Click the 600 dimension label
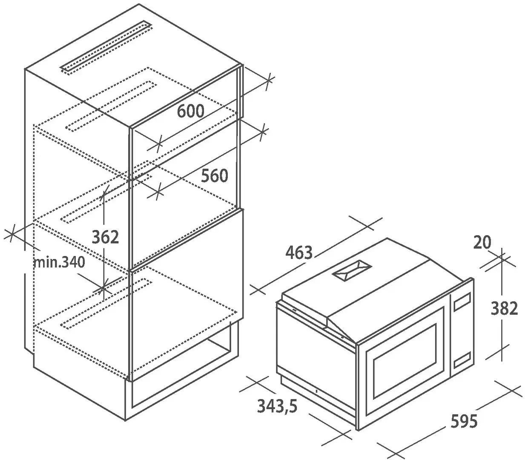pyautogui.click(x=191, y=111)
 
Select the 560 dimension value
pyautogui.click(x=215, y=175)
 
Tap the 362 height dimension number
pyautogui.click(x=105, y=237)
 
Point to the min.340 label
pyautogui.click(x=59, y=262)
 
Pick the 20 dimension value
pyautogui.click(x=482, y=242)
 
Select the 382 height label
pyautogui.click(x=504, y=308)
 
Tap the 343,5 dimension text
pyautogui.click(x=278, y=406)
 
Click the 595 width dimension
pyautogui.click(x=464, y=421)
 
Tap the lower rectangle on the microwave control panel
pyautogui.click(x=462, y=359)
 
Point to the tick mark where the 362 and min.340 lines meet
pyautogui.click(x=103, y=288)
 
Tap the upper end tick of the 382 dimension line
pyautogui.click(x=502, y=259)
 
